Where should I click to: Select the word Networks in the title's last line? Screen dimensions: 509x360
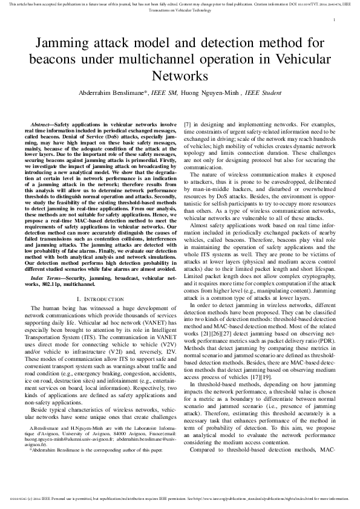click(180, 76)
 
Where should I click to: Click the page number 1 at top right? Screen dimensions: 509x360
click(334, 20)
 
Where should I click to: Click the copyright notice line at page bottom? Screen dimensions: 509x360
click(180, 499)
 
